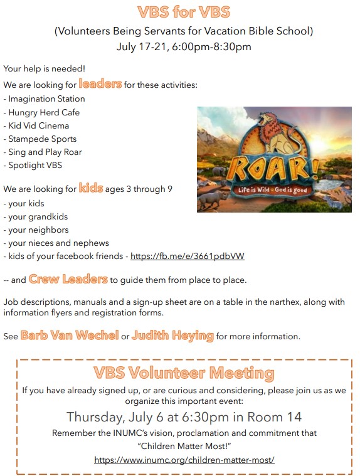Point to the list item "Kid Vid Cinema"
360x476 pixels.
pos(39,125)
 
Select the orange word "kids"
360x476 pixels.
pos(91,188)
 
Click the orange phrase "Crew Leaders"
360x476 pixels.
pos(68,279)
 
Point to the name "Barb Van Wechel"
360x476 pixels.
pos(70,336)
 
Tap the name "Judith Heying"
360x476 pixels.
pos(172,336)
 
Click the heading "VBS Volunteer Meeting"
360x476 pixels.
pos(184,373)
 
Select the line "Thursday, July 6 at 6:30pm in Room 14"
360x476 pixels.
pos(184,417)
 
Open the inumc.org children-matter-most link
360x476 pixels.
pos(184,460)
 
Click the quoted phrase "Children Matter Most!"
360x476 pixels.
pos(184,445)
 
